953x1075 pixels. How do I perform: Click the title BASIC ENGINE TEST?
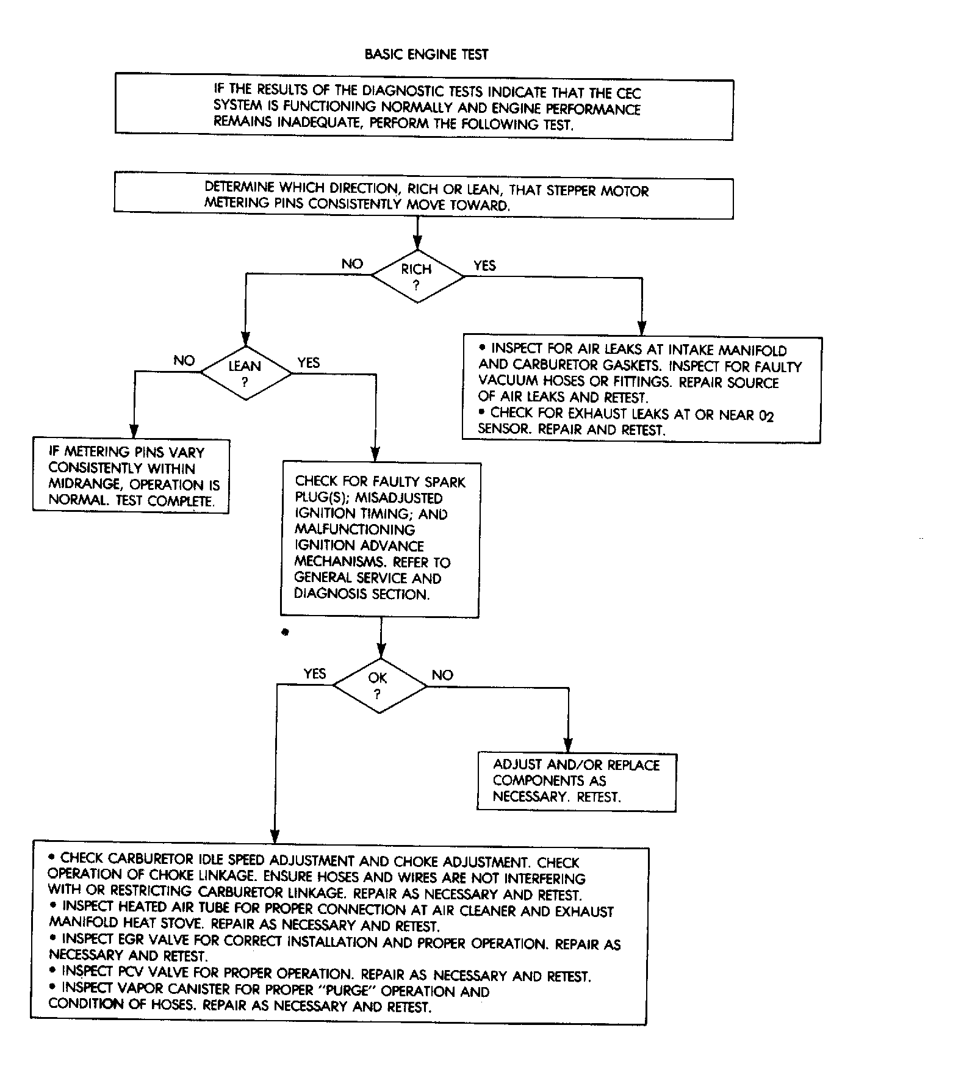tap(426, 54)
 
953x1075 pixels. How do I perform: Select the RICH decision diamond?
tap(417, 276)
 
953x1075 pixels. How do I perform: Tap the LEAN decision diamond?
tap(245, 373)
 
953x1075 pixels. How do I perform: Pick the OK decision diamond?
tap(379, 686)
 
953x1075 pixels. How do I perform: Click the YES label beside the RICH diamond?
tap(484, 265)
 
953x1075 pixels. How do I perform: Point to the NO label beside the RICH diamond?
tap(352, 264)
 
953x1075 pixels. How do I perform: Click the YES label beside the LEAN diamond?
tap(308, 362)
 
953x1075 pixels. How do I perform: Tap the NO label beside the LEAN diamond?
tap(184, 361)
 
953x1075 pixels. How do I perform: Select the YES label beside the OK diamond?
tap(315, 674)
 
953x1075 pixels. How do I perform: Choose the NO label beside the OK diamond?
tap(442, 675)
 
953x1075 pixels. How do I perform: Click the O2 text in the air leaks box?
tap(766, 416)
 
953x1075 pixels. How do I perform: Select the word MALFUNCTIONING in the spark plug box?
tap(354, 530)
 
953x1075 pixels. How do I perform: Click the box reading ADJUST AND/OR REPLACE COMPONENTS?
tap(576, 781)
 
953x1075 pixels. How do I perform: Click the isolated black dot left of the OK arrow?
tap(284, 632)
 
